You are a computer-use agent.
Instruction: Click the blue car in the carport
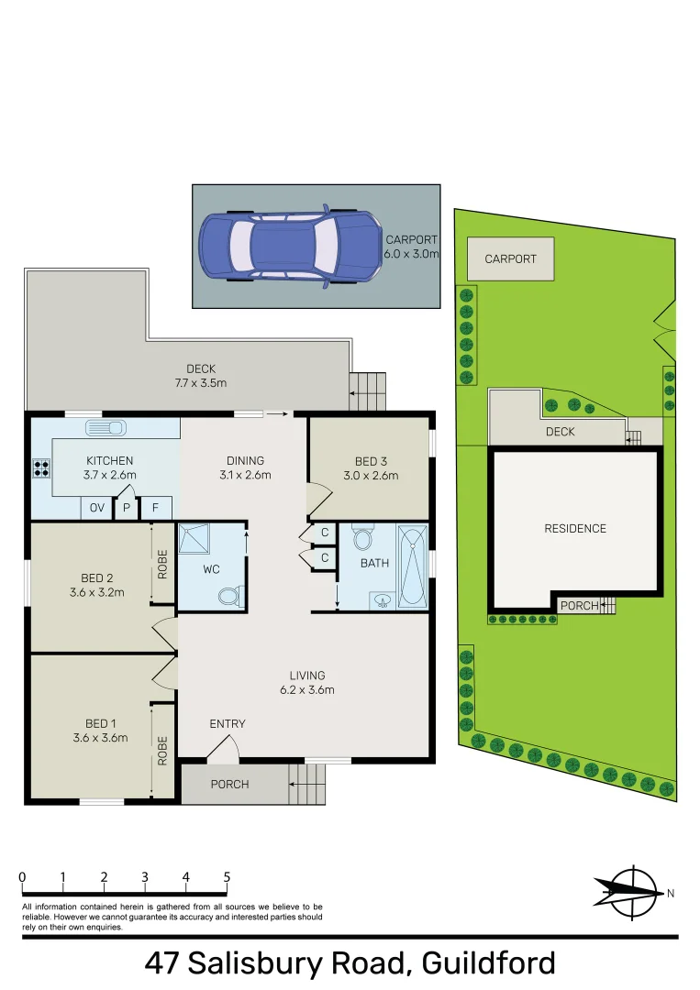click(x=288, y=246)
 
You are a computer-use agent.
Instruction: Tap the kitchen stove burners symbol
click(x=41, y=468)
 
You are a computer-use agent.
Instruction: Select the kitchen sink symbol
click(x=106, y=428)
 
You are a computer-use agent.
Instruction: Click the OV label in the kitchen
click(x=96, y=507)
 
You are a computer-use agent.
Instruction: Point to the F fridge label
click(x=156, y=507)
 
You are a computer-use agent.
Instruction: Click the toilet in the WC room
click(x=230, y=597)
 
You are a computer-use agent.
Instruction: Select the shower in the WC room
click(x=194, y=540)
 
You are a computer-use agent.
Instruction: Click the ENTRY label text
click(x=228, y=724)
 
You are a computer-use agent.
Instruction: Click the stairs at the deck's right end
click(x=369, y=390)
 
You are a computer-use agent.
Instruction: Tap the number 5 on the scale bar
click(x=227, y=877)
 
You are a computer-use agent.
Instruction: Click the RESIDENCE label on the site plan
click(x=575, y=529)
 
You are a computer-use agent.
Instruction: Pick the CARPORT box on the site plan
click(x=510, y=258)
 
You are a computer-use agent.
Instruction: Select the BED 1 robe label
click(x=162, y=751)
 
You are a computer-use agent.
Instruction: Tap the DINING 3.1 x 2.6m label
click(x=245, y=467)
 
